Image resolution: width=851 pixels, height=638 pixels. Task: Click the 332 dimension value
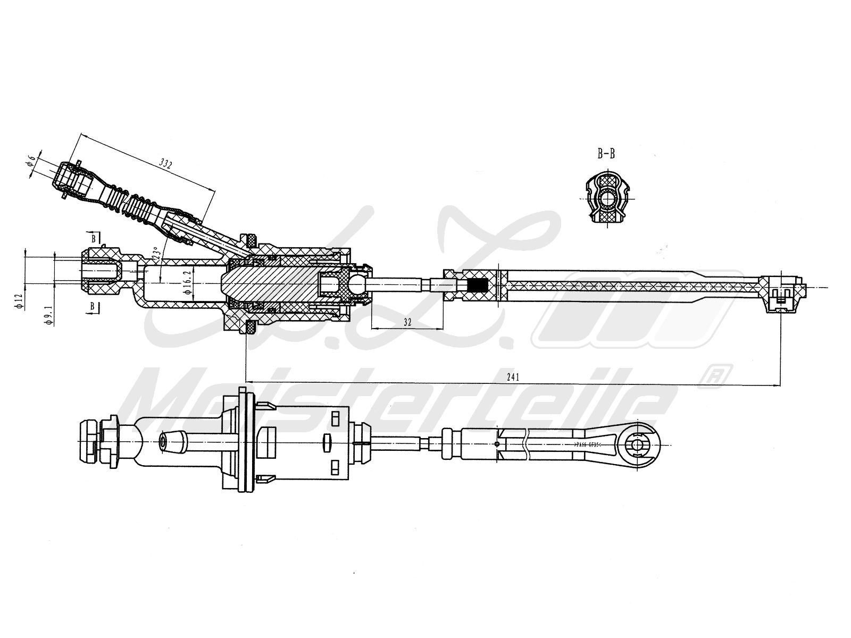click(x=166, y=165)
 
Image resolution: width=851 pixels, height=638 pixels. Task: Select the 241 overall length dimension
click(x=513, y=377)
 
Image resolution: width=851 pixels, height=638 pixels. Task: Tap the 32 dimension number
click(x=407, y=322)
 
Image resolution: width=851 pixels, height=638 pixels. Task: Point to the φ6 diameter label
click(x=31, y=159)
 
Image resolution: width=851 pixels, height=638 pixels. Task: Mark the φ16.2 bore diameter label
click(x=187, y=283)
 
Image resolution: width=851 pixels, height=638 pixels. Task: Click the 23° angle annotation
click(x=155, y=253)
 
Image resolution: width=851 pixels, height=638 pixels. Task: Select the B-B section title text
click(x=606, y=154)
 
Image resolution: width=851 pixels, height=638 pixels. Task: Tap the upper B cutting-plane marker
click(x=94, y=237)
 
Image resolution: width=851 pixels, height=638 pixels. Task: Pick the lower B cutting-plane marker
click(x=94, y=306)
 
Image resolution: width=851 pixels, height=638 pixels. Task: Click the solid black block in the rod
click(x=479, y=286)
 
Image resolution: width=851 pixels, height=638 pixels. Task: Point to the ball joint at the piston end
click(x=357, y=286)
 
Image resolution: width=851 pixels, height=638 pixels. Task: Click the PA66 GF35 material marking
click(x=588, y=444)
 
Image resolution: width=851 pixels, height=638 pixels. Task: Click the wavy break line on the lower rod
click(x=526, y=444)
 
